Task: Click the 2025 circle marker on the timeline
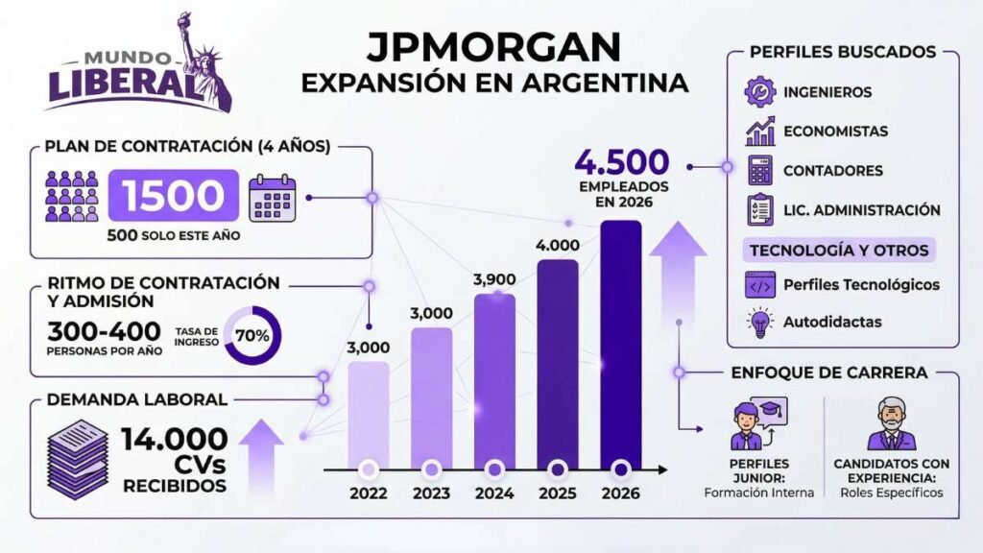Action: (x=558, y=469)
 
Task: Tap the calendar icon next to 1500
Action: (x=274, y=198)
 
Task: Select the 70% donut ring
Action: (x=252, y=336)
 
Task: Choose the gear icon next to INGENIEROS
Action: (x=760, y=92)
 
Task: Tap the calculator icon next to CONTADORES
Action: (x=760, y=171)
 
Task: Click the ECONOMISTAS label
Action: (x=835, y=132)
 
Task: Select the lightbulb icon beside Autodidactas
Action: (x=760, y=322)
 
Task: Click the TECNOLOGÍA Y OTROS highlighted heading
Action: (x=839, y=250)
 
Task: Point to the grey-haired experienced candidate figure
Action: (x=892, y=423)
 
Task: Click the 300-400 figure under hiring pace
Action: (x=104, y=331)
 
